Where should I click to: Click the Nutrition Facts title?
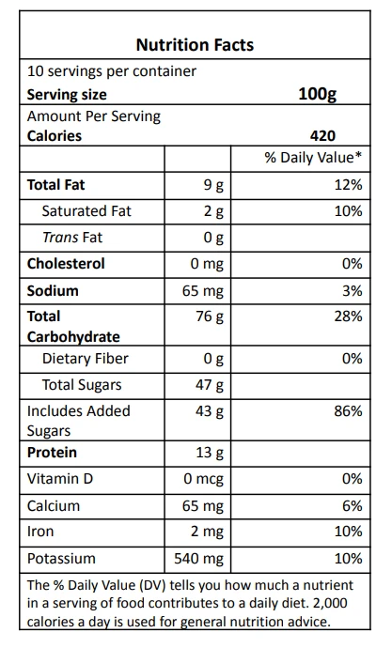pyautogui.click(x=195, y=45)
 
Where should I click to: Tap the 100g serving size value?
pyautogui.click(x=317, y=95)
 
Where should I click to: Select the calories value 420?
pyautogui.click(x=322, y=136)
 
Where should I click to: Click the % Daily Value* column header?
pyautogui.click(x=313, y=158)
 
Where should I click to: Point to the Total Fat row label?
pyautogui.click(x=55, y=185)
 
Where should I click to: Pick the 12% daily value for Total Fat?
pyautogui.click(x=348, y=185)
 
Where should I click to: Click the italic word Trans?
pyautogui.click(x=60, y=238)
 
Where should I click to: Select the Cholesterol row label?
pyautogui.click(x=66, y=264)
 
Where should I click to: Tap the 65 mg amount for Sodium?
pyautogui.click(x=203, y=291)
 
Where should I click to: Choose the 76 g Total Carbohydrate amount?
pyautogui.click(x=210, y=317)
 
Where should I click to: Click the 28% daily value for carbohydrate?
pyautogui.click(x=348, y=316)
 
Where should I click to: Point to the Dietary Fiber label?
pyautogui.click(x=86, y=359)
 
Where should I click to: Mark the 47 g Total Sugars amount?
pyautogui.click(x=210, y=386)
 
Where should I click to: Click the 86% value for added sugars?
pyautogui.click(x=348, y=411)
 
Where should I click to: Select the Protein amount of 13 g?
pyautogui.click(x=210, y=453)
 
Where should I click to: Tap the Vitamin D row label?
pyautogui.click(x=60, y=479)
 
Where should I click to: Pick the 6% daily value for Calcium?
pyautogui.click(x=352, y=505)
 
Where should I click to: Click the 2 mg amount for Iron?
pyautogui.click(x=207, y=532)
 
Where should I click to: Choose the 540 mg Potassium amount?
pyautogui.click(x=199, y=559)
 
